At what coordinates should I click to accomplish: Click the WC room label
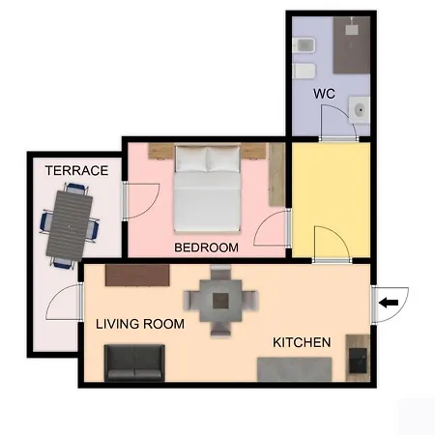pyautogui.click(x=324, y=94)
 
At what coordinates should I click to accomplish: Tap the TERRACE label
pyautogui.click(x=76, y=170)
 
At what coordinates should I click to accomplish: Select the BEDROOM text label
pyautogui.click(x=206, y=247)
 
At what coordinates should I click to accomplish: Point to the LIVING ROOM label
pyautogui.click(x=140, y=324)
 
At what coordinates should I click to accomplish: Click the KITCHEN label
pyautogui.click(x=302, y=342)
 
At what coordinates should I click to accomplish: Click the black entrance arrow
pyautogui.click(x=389, y=303)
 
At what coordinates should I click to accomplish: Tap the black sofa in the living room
pyautogui.click(x=134, y=362)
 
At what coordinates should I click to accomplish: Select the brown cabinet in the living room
pyautogui.click(x=137, y=275)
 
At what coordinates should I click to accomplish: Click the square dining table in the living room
pyautogui.click(x=220, y=301)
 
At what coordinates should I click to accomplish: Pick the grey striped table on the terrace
pyautogui.click(x=70, y=226)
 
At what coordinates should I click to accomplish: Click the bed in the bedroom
pyautogui.click(x=207, y=188)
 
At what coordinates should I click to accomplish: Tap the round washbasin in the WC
pyautogui.click(x=360, y=110)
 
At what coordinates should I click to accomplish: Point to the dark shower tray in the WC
pyautogui.click(x=352, y=45)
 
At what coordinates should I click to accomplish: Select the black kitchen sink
pyautogui.click(x=358, y=361)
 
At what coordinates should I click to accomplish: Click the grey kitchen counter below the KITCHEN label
pyautogui.click(x=295, y=369)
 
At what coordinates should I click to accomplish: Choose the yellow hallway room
pyautogui.click(x=331, y=200)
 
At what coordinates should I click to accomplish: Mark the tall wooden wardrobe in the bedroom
pyautogui.click(x=276, y=175)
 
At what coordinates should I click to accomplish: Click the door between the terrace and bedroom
pyautogui.click(x=141, y=201)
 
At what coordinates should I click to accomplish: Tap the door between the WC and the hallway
pyautogui.click(x=338, y=124)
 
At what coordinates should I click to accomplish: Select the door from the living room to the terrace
pyautogui.click(x=65, y=303)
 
